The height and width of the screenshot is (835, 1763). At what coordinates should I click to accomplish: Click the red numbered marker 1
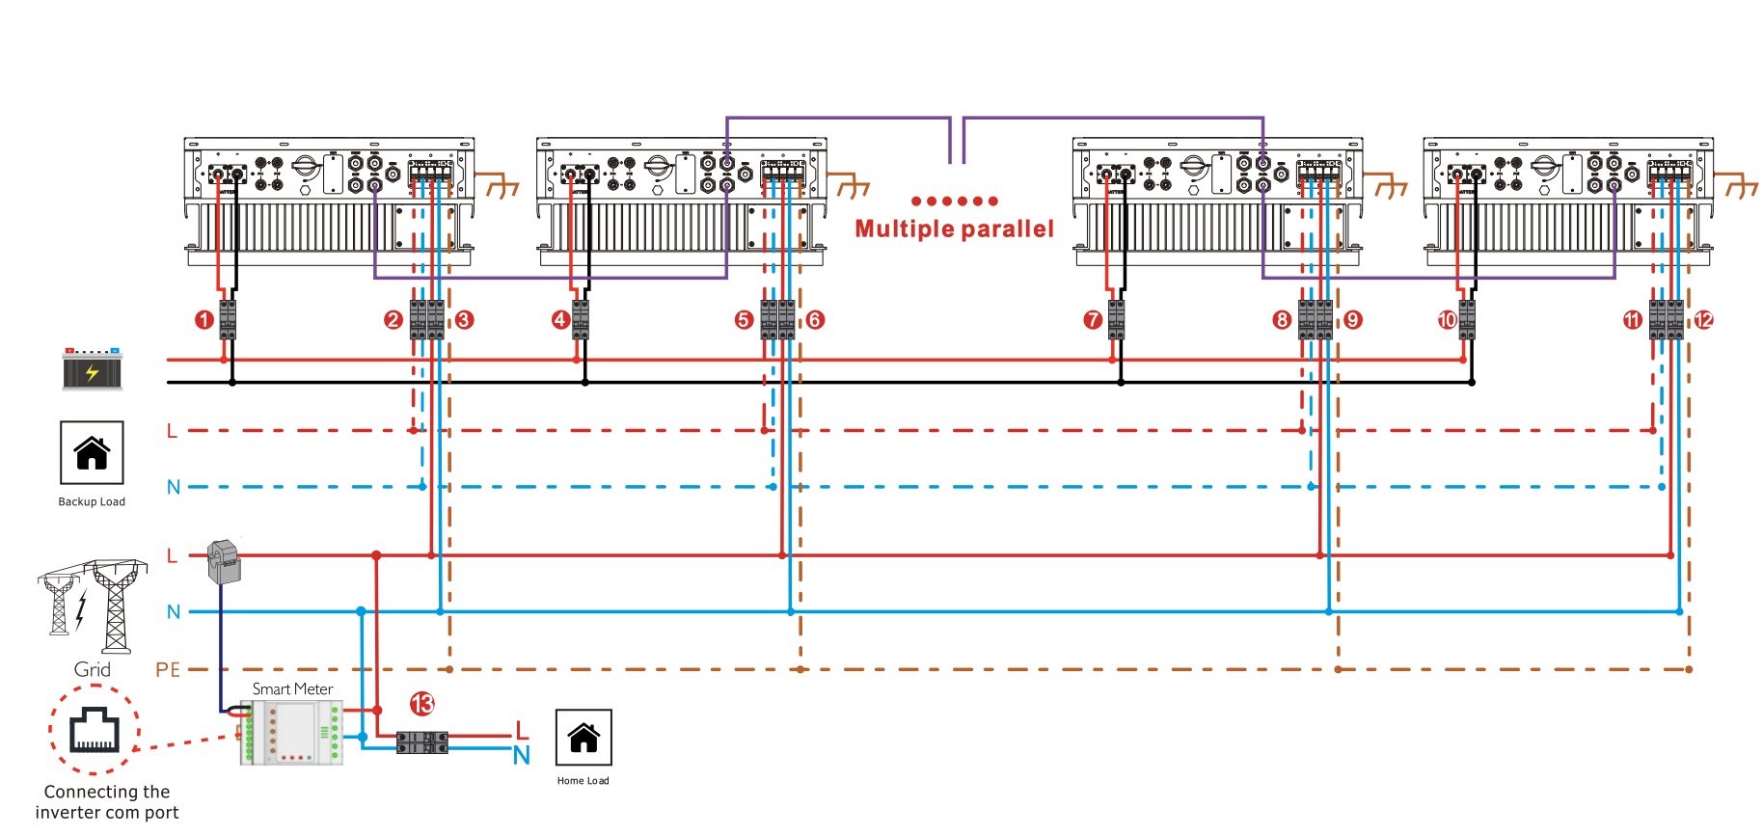pos(203,320)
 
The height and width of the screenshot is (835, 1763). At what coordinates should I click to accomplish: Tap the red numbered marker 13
pos(422,704)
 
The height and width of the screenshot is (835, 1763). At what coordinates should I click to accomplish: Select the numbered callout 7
pos(1092,320)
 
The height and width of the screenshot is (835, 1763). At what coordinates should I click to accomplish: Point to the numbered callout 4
pos(560,320)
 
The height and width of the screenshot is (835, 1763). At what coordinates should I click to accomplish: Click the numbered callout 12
pos(1704,320)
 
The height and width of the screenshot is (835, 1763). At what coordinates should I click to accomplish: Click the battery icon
pos(92,369)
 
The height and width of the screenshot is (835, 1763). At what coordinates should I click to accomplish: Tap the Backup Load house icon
pos(92,452)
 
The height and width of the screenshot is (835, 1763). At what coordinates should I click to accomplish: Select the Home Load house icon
pos(583,738)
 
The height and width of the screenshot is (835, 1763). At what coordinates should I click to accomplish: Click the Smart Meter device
pos(291,733)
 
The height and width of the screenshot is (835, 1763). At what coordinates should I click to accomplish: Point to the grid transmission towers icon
pos(93,606)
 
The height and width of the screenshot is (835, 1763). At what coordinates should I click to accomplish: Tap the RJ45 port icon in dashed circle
pos(94,730)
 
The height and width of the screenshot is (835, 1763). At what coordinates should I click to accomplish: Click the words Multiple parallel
pos(954,229)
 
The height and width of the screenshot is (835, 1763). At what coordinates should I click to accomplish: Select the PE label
pos(168,670)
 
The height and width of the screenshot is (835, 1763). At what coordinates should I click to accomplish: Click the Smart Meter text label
pos(292,689)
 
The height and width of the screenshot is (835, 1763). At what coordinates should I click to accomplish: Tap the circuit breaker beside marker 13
pos(422,742)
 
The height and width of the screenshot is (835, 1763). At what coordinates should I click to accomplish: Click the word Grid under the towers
pos(93,670)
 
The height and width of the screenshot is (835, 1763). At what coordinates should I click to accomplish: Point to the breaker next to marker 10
pos(1467,320)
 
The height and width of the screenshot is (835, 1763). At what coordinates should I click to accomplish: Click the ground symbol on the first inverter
pos(502,185)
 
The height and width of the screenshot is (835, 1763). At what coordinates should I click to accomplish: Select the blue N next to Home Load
pos(522,756)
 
